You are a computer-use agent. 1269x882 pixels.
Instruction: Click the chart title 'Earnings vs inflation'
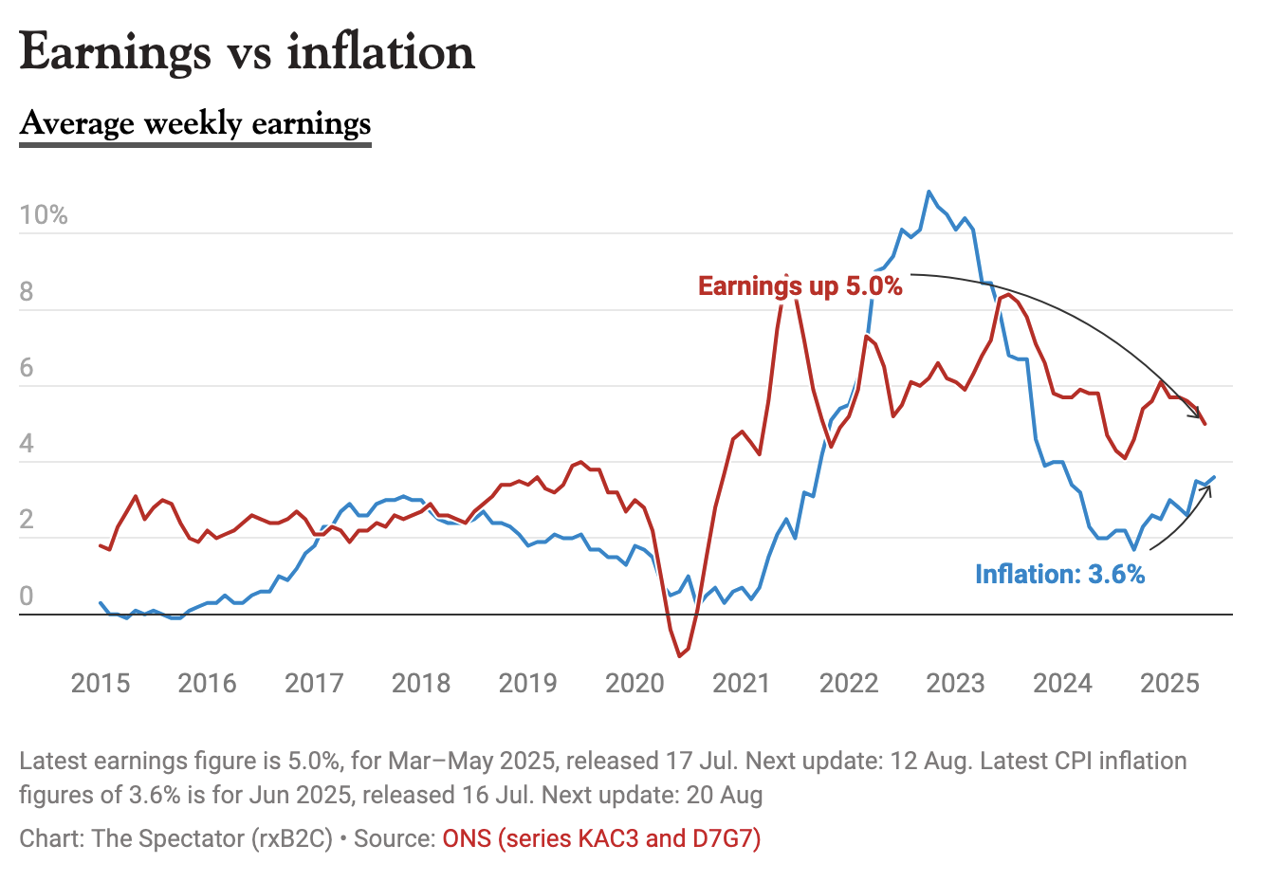pyautogui.click(x=247, y=51)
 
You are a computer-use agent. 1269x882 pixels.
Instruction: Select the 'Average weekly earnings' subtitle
pyautogui.click(x=195, y=123)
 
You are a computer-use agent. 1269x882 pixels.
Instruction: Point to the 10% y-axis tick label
pyautogui.click(x=44, y=215)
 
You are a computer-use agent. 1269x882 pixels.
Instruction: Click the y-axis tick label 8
pyautogui.click(x=27, y=291)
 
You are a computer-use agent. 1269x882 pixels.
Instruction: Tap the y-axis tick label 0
pyautogui.click(x=27, y=596)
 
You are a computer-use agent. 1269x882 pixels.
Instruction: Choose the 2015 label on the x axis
pyautogui.click(x=101, y=683)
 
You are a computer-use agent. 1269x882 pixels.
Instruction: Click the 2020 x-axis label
pyautogui.click(x=634, y=683)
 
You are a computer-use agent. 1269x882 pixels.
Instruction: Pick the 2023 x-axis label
pyautogui.click(x=955, y=683)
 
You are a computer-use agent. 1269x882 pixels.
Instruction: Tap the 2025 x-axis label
pyautogui.click(x=1169, y=683)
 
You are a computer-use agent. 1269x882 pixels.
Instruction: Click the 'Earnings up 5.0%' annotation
pyautogui.click(x=800, y=285)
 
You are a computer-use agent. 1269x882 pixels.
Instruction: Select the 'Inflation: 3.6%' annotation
pyautogui.click(x=1059, y=574)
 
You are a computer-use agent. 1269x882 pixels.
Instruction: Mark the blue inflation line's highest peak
pyautogui.click(x=929, y=192)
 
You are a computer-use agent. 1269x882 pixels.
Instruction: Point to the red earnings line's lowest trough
pyautogui.click(x=680, y=655)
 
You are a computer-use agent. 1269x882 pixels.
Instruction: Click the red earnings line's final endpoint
pyautogui.click(x=1205, y=423)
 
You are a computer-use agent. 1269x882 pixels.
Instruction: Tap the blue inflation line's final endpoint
pyautogui.click(x=1214, y=477)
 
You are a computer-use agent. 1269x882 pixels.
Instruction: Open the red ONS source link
pyautogui.click(x=601, y=838)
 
